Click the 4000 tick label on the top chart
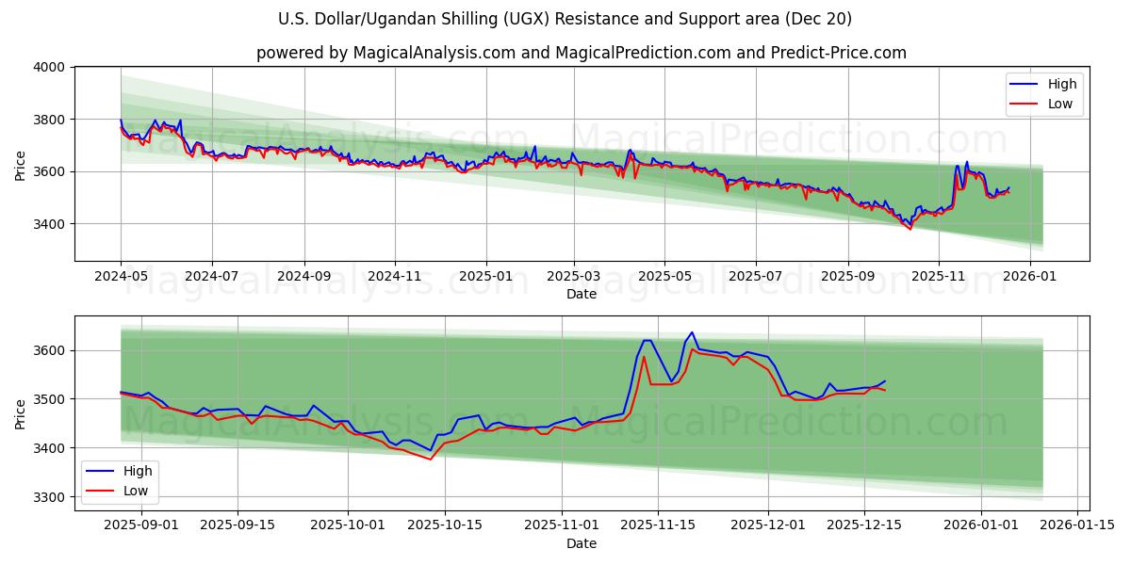pyautogui.click(x=49, y=67)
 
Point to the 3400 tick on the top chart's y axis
pyautogui.click(x=49, y=224)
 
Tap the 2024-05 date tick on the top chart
pyautogui.click(x=121, y=277)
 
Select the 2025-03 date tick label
pyautogui.click(x=574, y=277)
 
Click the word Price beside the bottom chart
pyautogui.click(x=21, y=413)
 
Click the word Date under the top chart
pyautogui.click(x=582, y=294)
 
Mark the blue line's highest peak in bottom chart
pyautogui.click(x=692, y=332)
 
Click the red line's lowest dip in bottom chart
pyautogui.click(x=431, y=460)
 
